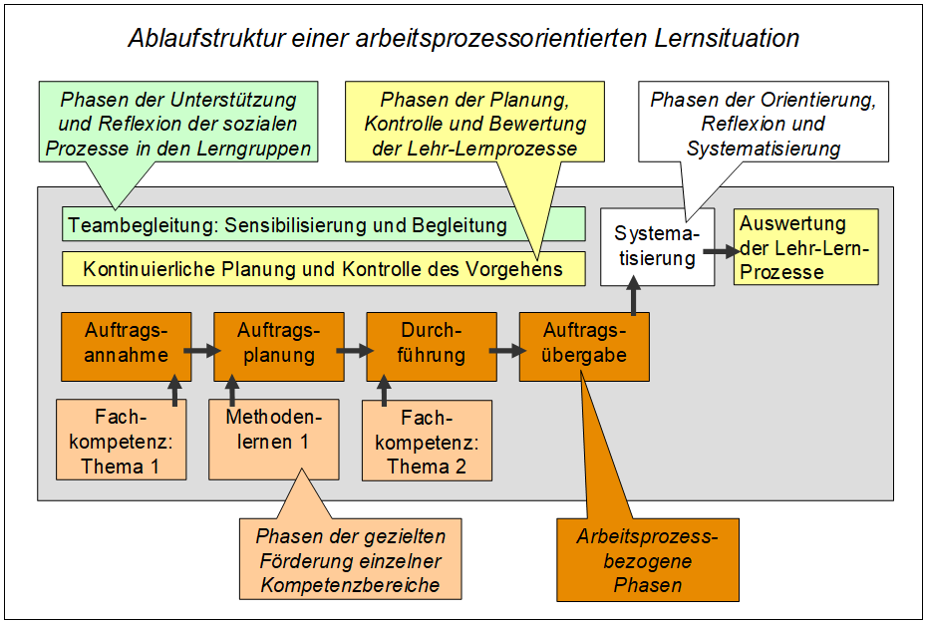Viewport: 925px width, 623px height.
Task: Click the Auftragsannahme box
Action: point(127,347)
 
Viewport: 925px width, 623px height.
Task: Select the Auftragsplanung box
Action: point(279,347)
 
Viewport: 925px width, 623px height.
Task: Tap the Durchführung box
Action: point(432,347)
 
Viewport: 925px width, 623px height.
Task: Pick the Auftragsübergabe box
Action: point(585,347)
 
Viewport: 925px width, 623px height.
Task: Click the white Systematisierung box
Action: point(658,246)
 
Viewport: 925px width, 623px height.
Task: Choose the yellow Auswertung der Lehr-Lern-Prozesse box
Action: point(805,247)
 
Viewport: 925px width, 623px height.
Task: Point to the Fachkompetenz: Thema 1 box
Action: point(122,440)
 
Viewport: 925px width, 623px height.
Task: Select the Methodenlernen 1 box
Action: point(274,440)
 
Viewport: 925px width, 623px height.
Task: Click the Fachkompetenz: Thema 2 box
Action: point(427,441)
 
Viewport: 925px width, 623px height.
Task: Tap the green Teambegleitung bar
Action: point(324,224)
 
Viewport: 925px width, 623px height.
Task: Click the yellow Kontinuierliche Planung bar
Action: point(324,269)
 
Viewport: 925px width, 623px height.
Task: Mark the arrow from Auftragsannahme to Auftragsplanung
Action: point(202,351)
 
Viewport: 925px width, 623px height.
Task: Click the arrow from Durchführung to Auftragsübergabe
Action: point(508,351)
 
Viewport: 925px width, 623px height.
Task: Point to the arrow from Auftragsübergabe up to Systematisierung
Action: point(634,296)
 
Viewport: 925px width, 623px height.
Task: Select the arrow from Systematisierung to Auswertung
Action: point(722,251)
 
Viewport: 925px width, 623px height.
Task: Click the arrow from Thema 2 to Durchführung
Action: point(384,391)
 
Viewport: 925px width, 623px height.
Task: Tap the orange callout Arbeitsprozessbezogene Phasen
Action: point(648,560)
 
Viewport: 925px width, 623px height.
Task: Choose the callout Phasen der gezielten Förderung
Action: point(351,560)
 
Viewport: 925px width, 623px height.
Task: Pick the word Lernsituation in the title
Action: point(727,38)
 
